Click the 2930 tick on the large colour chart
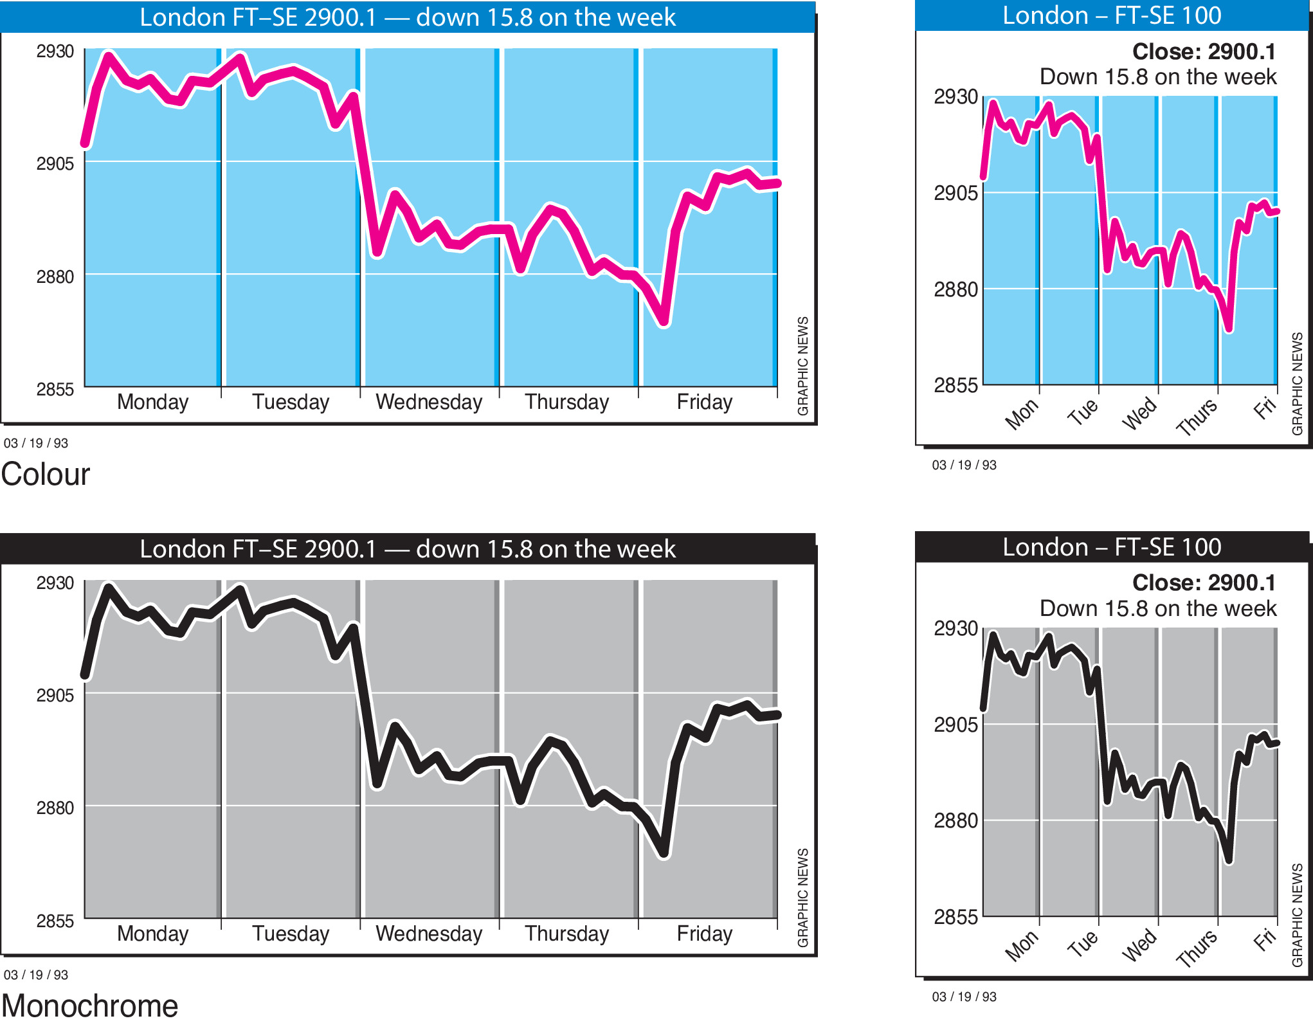point(55,51)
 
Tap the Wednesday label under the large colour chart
point(429,402)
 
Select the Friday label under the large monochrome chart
point(704,934)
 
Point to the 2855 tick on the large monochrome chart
point(55,921)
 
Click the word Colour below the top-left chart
point(46,475)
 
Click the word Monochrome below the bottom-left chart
point(89,1006)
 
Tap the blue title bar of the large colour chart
point(408,17)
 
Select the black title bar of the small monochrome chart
point(1112,547)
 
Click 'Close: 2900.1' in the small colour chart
point(1204,51)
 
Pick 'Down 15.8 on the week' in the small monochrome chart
point(1158,608)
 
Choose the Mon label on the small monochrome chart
point(1021,946)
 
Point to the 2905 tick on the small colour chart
point(955,192)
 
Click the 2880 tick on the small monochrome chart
point(955,820)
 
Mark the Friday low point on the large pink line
point(664,323)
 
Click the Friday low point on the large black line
point(664,855)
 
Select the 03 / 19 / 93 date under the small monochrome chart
point(964,997)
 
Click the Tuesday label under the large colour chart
point(291,402)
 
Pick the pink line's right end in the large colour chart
point(777,183)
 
